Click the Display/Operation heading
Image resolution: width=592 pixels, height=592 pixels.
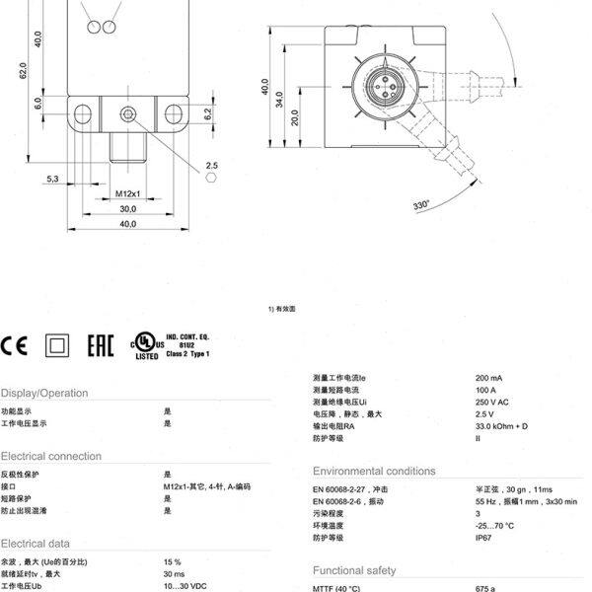pos(44,393)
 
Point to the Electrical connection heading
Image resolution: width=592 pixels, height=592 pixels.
pos(51,456)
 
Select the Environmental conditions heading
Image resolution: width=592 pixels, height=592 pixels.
pos(374,471)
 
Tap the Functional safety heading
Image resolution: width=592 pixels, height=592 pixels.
pos(354,570)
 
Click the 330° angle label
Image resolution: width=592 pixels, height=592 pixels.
pos(422,205)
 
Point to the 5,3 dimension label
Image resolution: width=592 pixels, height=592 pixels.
pos(52,179)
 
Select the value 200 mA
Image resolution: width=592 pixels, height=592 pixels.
pos(489,378)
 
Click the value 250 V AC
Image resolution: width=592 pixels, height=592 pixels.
pos(492,402)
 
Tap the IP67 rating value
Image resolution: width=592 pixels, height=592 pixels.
pos(485,538)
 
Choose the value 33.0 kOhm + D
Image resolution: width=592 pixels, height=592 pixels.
pos(502,425)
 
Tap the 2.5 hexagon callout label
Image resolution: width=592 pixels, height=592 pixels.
pos(211,165)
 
